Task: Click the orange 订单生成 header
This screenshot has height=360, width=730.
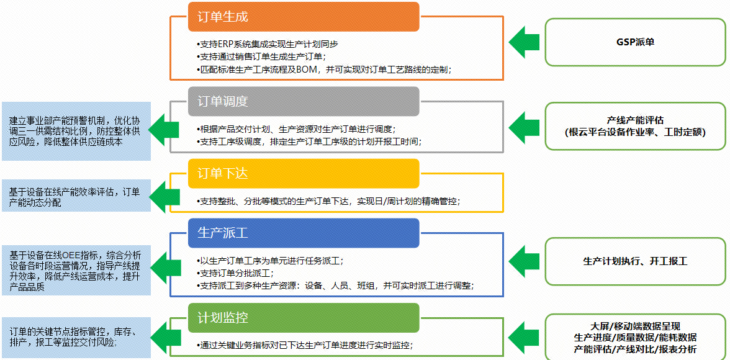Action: point(304,17)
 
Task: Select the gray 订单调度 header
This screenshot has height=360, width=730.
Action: point(304,101)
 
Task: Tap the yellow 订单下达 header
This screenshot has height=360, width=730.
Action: point(304,173)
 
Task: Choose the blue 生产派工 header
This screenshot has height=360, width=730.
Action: point(304,233)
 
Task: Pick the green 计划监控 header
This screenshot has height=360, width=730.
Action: point(304,318)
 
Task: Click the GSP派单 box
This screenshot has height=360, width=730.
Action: point(635,42)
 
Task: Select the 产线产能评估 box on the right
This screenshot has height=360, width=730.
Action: point(635,127)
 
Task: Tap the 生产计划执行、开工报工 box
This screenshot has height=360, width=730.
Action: point(635,261)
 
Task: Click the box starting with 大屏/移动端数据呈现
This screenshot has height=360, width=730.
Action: point(635,338)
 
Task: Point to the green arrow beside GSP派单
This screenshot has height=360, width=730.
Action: point(524,42)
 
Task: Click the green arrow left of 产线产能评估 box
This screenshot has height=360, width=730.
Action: point(524,127)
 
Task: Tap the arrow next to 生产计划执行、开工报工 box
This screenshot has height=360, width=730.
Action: point(524,261)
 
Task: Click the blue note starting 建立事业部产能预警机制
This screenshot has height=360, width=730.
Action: point(76,131)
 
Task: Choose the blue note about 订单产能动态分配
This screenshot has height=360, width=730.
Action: point(76,196)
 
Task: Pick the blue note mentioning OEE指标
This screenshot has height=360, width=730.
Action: point(76,271)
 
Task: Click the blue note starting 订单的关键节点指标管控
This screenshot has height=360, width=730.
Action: point(76,337)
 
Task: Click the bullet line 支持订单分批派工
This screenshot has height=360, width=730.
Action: point(235,273)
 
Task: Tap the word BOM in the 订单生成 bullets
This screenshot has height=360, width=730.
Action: point(306,70)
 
